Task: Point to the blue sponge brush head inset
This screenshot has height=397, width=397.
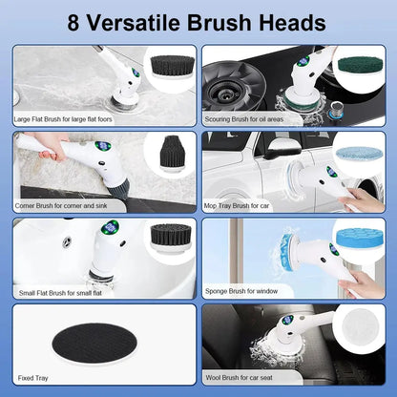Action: pyautogui.click(x=358, y=238)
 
